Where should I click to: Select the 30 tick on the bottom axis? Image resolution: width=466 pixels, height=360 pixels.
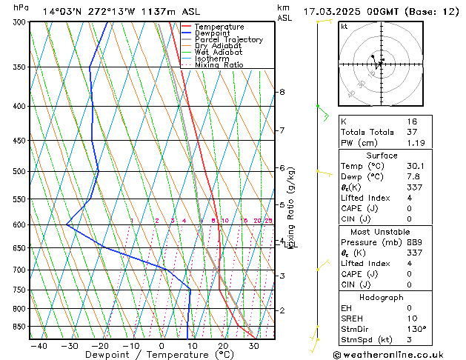click(253, 345)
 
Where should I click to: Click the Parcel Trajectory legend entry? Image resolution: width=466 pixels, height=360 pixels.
click(229, 40)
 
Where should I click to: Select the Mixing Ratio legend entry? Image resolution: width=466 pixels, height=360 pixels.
click(219, 65)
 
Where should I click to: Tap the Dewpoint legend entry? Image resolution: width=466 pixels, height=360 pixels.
click(214, 33)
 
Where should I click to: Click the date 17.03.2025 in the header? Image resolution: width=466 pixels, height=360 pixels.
click(333, 11)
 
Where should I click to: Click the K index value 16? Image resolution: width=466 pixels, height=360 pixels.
click(412, 121)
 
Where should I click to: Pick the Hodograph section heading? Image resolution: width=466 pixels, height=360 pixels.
click(381, 297)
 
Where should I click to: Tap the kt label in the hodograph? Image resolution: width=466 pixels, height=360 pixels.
click(344, 26)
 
